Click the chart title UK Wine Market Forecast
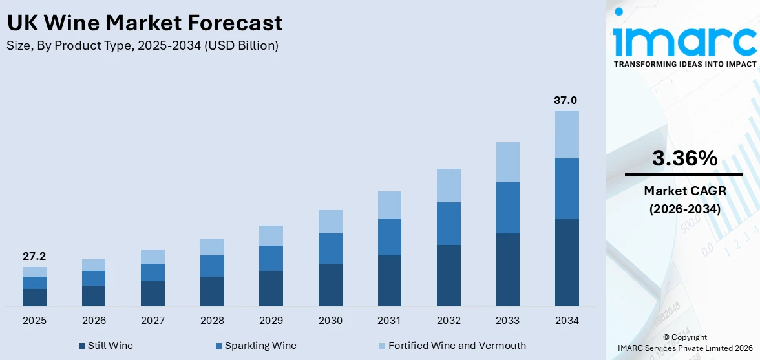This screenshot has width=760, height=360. click(x=144, y=23)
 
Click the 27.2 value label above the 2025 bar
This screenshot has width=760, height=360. click(x=34, y=257)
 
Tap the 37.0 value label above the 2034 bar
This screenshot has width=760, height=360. click(x=565, y=100)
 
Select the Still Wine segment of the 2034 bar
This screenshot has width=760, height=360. click(x=567, y=262)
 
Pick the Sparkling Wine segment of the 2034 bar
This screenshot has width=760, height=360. click(x=567, y=189)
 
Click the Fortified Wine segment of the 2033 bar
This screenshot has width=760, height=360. click(x=508, y=162)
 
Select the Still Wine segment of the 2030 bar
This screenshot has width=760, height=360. click(x=330, y=284)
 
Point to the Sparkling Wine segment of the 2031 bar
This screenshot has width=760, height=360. click(x=390, y=237)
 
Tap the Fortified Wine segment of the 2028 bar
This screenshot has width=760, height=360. click(x=212, y=247)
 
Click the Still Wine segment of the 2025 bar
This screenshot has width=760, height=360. click(x=34, y=297)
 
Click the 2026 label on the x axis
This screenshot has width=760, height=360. click(x=94, y=321)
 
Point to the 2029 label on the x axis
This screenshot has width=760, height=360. click(x=271, y=321)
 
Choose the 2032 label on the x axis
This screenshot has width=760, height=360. click(x=449, y=321)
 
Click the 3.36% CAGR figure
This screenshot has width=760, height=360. click(x=684, y=158)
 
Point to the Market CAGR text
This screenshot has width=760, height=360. click(x=684, y=191)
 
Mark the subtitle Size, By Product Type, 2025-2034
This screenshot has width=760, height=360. click(x=142, y=46)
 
